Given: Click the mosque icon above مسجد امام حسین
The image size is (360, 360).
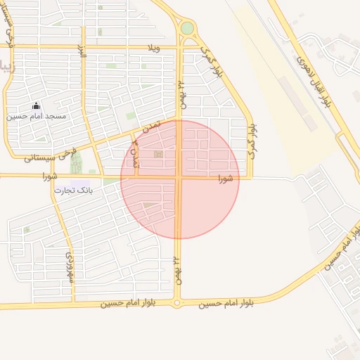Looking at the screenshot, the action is point(37,105).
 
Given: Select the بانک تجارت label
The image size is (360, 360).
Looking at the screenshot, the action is point(72,190).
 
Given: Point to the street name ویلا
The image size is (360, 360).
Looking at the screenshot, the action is point(154,47).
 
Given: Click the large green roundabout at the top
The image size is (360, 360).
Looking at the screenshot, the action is point(187,28).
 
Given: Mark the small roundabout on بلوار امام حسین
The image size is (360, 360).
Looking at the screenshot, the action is point(176,303).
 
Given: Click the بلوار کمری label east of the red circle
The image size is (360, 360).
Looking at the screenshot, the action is point(252,141).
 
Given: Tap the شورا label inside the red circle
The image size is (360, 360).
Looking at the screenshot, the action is point(225,177).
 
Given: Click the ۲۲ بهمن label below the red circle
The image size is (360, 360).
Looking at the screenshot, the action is point(176,269).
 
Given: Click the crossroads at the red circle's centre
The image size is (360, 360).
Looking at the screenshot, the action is point(179,178).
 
